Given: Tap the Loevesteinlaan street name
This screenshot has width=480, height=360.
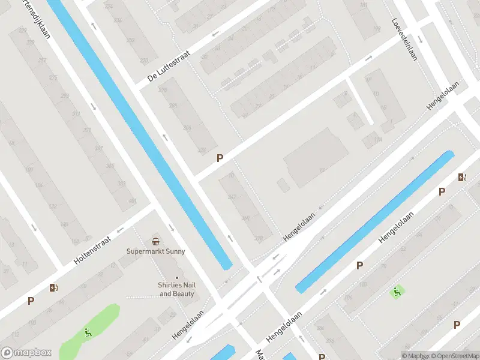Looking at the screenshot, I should (x=404, y=37).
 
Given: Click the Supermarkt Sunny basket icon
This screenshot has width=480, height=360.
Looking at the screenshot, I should (x=156, y=241).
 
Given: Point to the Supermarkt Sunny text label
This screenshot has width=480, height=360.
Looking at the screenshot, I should (x=156, y=251).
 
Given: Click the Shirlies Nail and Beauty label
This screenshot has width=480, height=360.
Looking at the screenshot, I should (x=177, y=290).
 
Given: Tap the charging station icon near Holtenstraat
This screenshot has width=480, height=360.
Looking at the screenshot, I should (x=55, y=287).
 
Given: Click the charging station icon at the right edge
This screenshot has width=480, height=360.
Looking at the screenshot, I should (x=461, y=177).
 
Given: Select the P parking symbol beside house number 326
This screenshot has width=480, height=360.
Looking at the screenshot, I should (x=220, y=158).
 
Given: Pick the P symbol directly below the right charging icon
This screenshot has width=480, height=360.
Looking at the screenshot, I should (x=442, y=191).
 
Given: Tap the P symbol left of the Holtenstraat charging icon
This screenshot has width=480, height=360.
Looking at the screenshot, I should (x=31, y=301).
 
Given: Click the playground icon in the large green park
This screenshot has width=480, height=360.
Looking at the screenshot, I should (x=88, y=332).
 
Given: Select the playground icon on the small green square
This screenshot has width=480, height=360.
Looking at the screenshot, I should (x=397, y=292).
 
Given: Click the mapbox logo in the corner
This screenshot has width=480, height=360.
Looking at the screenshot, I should (x=27, y=353).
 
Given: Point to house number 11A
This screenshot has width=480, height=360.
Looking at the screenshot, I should (x=377, y=140).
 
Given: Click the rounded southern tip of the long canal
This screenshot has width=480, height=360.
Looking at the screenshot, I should (x=227, y=266).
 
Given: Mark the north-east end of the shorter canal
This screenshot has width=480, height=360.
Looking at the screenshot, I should (x=449, y=154).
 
